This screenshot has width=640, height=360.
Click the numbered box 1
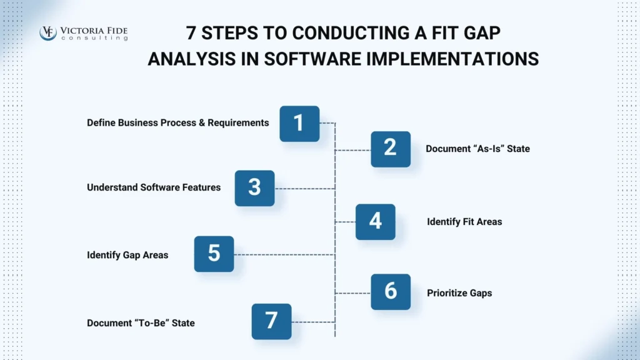pos(299,123)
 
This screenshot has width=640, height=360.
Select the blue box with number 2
pos(391,149)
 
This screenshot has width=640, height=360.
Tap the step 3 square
pos(254,187)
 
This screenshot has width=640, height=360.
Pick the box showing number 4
pos(376,221)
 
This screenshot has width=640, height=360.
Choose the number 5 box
pos(214,254)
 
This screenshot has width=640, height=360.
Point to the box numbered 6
pos(391,291)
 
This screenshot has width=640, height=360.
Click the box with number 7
pos(271,321)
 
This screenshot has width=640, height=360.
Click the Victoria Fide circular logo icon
pos(48,32)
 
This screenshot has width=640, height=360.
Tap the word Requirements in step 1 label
pos(239,122)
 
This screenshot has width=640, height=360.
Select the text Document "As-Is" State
pos(477,149)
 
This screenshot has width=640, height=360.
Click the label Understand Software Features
pos(154,187)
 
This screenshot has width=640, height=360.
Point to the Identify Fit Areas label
pos(464,221)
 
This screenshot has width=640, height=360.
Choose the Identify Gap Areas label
pos(127,255)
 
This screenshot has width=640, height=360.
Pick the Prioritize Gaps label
pos(459,292)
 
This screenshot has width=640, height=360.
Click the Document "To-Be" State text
pos(141,323)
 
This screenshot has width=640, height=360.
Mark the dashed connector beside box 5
pos(284,254)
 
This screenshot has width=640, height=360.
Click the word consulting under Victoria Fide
pos(94,38)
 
